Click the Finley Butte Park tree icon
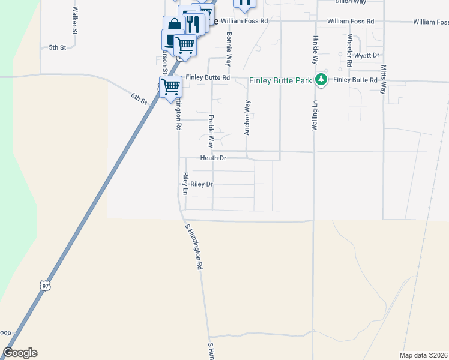(321, 79)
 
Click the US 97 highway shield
(45, 286)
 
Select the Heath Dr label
(213, 158)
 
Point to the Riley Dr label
(202, 184)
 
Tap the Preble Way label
(211, 131)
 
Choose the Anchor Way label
(247, 118)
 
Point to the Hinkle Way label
(314, 49)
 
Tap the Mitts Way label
(383, 79)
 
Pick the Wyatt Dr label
(367, 55)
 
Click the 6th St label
(139, 98)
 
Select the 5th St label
(57, 47)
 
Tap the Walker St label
(74, 19)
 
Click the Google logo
(20, 353)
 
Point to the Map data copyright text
(423, 355)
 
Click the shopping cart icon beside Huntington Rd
(171, 86)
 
